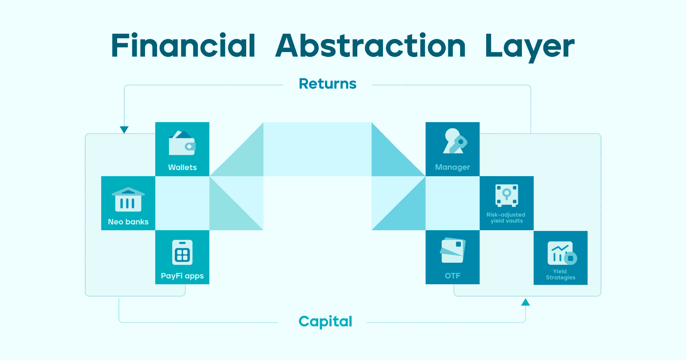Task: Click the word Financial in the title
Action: pyautogui.click(x=183, y=45)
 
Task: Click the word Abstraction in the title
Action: pyautogui.click(x=370, y=45)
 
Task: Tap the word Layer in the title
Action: pyautogui.click(x=530, y=48)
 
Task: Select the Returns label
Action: pyautogui.click(x=328, y=84)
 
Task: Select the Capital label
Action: pyautogui.click(x=325, y=321)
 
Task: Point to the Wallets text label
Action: pyautogui.click(x=182, y=167)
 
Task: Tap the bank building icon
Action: pyautogui.click(x=128, y=199)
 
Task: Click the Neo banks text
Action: pyautogui.click(x=128, y=222)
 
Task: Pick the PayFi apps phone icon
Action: pyautogui.click(x=182, y=252)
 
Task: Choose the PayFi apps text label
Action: pyautogui.click(x=182, y=276)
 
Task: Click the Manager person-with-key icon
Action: pyautogui.click(x=455, y=141)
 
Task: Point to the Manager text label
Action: pyautogui.click(x=452, y=167)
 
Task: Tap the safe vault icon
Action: pyautogui.click(x=506, y=195)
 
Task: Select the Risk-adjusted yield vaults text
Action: pyautogui.click(x=506, y=218)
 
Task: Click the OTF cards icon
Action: pyautogui.click(x=453, y=250)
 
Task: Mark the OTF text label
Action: pyautogui.click(x=452, y=276)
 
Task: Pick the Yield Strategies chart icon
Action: pyautogui.click(x=562, y=253)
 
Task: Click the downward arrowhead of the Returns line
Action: pyautogui.click(x=124, y=130)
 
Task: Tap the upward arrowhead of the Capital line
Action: pyautogui.click(x=526, y=302)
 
